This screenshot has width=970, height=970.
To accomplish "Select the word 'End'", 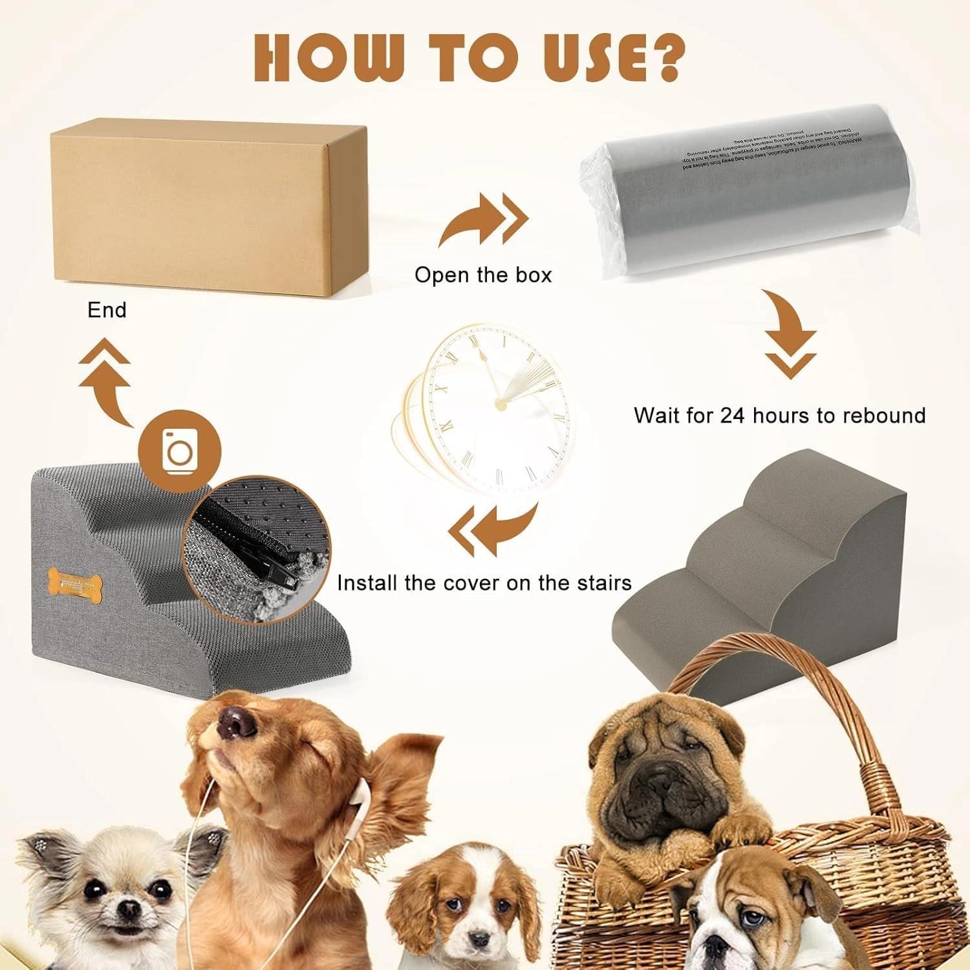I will [x=107, y=310].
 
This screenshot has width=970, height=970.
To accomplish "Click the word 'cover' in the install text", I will [x=473, y=583].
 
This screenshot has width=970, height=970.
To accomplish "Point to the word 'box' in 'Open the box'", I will [x=533, y=275].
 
